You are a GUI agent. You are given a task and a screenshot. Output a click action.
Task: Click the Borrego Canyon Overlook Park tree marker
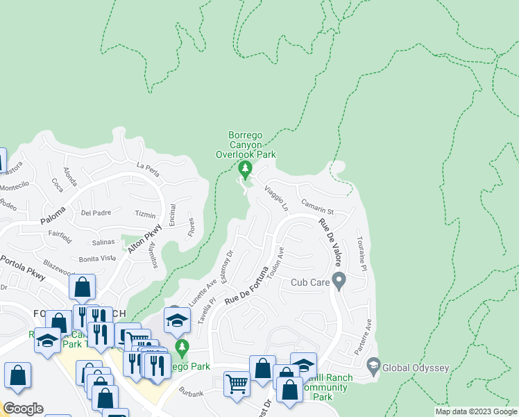coord(244,169)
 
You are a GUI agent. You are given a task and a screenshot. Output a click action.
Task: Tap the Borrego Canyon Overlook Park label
coord(246,145)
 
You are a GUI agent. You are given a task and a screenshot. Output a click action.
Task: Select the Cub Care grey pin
coord(339,281)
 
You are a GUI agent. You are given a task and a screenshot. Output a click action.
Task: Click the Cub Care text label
coord(309,282)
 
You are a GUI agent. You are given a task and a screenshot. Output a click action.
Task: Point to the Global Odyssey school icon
coord(373,366)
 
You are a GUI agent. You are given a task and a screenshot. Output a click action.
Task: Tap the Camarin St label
coord(318,206)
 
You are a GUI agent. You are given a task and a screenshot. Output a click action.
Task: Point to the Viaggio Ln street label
coord(275,198)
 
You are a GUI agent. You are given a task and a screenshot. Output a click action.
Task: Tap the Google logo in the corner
coord(23,408)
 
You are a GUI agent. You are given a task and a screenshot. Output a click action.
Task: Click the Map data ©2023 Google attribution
coord(475,411)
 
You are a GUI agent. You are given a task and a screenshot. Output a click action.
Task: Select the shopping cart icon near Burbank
coord(237,382)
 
